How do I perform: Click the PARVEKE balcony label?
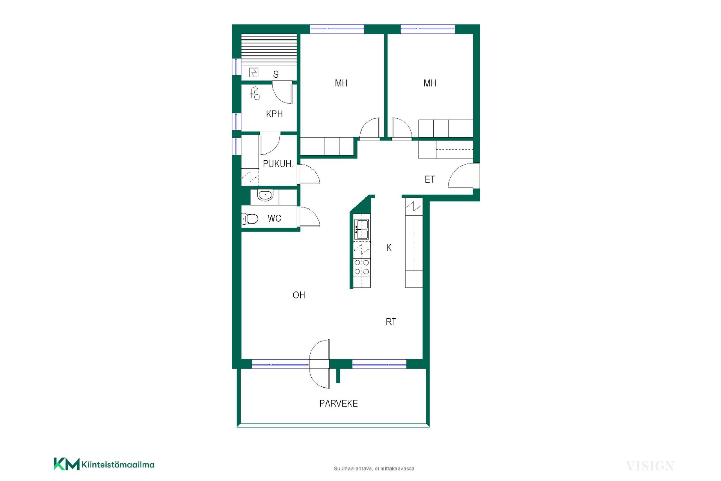click(338, 404)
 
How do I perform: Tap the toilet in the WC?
click(250, 218)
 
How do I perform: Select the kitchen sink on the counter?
click(362, 229)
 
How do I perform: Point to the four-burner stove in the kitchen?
click(362, 267)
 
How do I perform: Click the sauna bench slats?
click(269, 49)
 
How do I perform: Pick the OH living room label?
click(299, 295)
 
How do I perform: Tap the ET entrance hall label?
click(430, 180)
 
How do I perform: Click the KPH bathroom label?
click(274, 114)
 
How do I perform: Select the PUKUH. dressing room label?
click(278, 164)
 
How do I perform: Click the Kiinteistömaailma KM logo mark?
click(66, 464)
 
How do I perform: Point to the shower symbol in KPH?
click(255, 93)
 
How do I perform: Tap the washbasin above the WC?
click(265, 195)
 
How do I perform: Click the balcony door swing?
click(320, 363)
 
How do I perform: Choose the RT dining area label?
click(391, 322)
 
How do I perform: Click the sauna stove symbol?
click(254, 72)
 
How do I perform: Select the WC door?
click(308, 217)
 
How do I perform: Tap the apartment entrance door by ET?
click(464, 175)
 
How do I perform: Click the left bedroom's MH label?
click(341, 83)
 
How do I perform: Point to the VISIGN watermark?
click(650, 466)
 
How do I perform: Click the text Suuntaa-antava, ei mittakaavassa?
click(374, 469)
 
